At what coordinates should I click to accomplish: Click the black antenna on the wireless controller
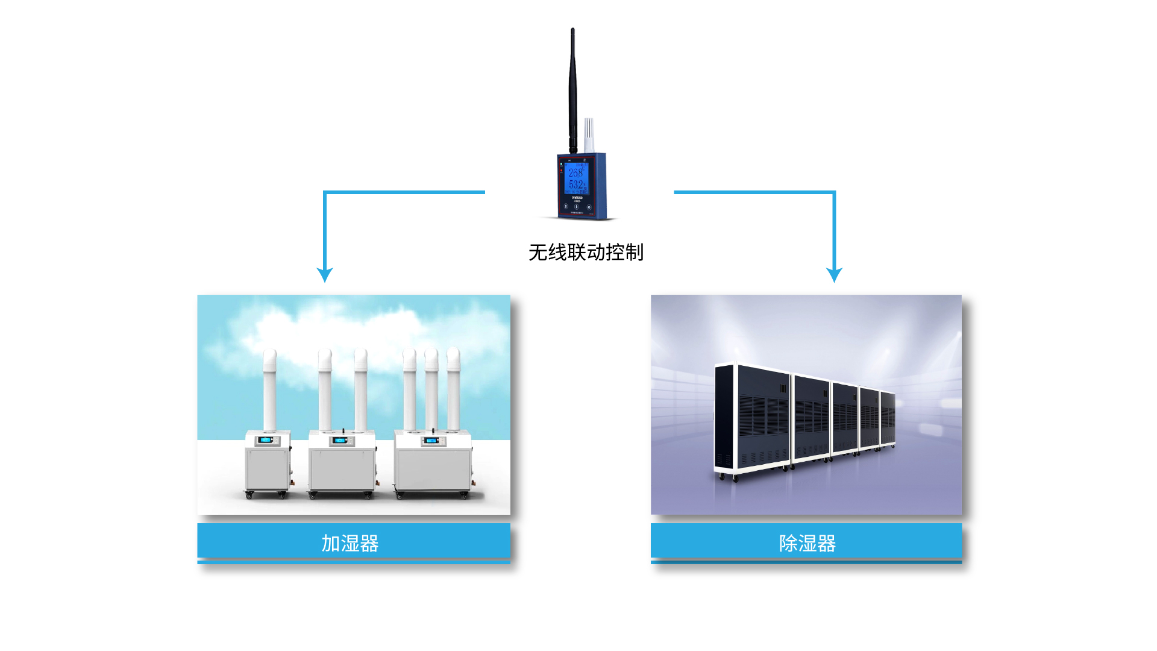tap(572, 90)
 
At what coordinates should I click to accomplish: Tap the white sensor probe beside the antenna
tap(589, 136)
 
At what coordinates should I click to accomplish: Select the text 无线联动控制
tap(586, 252)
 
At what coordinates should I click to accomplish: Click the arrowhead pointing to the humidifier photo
tap(325, 275)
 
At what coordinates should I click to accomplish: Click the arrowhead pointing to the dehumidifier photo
tap(834, 275)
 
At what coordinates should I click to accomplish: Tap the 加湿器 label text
tap(350, 543)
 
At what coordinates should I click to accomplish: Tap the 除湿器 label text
tap(807, 543)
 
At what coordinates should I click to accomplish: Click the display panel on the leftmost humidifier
tap(266, 440)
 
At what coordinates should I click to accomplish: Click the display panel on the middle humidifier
tap(340, 441)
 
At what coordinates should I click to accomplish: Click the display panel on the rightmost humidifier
tap(430, 441)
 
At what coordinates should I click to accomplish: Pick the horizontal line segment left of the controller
tap(404, 192)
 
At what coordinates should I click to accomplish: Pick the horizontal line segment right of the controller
tap(753, 192)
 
